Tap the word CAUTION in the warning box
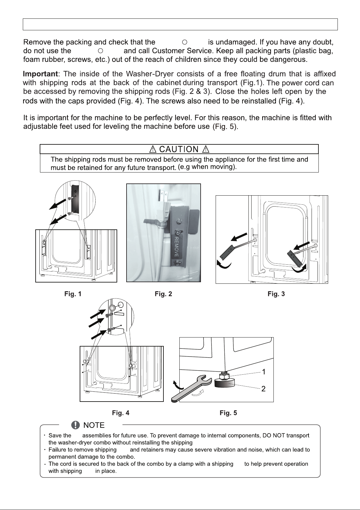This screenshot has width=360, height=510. coord(179,149)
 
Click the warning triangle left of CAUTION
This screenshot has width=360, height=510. coord(153,149)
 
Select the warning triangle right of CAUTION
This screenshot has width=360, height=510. coord(206,149)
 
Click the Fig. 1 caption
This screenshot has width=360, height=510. coord(73,294)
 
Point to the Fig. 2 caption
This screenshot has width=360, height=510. coord(163,294)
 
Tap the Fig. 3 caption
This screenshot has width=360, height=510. coord(276,294)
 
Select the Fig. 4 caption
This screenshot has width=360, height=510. coord(121,413)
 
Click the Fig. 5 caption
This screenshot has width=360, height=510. coord(228,413)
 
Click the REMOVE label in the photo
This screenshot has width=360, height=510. coord(176,247)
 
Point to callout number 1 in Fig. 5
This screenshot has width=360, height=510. coord(264,372)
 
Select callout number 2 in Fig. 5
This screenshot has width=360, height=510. coord(263,389)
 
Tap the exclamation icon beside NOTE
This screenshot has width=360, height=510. coord(76,425)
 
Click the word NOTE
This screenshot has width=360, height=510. coord(94,425)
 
